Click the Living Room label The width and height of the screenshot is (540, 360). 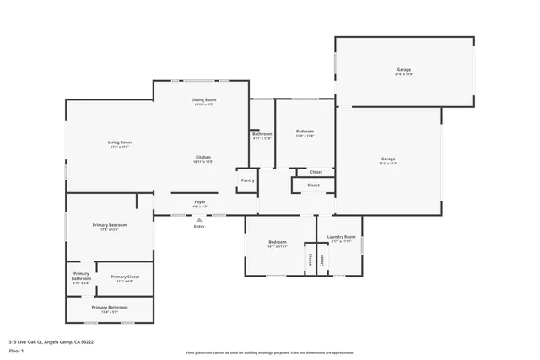(119, 142)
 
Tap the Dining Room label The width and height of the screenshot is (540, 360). (203, 100)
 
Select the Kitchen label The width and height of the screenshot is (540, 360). (203, 158)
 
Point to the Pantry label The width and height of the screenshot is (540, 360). (247, 180)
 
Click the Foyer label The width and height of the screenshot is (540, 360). (200, 202)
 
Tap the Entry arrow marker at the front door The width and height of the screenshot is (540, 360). (199, 219)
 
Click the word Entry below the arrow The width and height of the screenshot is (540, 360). (199, 227)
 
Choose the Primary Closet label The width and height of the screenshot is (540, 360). (125, 277)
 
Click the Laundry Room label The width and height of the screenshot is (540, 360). (341, 238)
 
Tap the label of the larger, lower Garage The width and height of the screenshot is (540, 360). (388, 159)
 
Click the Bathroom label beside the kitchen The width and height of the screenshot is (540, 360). (262, 134)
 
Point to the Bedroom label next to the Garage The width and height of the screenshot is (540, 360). (305, 132)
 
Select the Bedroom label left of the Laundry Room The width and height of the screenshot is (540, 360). (278, 243)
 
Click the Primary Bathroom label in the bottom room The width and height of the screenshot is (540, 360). (110, 308)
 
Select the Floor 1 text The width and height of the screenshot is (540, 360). (16, 351)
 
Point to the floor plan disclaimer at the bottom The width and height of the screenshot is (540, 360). (270, 352)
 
